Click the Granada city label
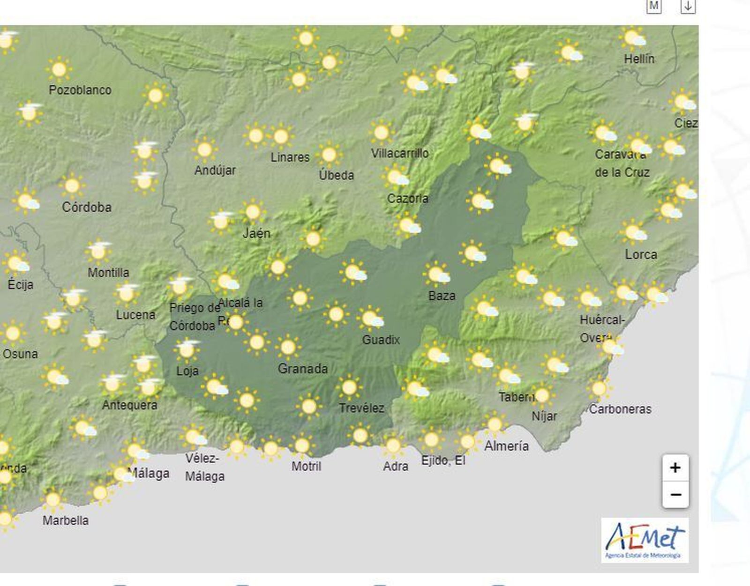303,369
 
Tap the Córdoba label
87,207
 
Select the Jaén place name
256,233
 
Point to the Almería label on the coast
506,446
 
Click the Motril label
306,466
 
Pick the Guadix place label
381,340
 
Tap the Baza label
442,296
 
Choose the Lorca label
641,254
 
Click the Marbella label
65,520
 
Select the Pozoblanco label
80,90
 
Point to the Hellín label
639,59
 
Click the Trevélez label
361,408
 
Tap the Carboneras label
620,409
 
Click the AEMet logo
645,540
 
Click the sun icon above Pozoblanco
59,69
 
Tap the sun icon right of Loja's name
215,387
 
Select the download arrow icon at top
688,6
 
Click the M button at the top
654,6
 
